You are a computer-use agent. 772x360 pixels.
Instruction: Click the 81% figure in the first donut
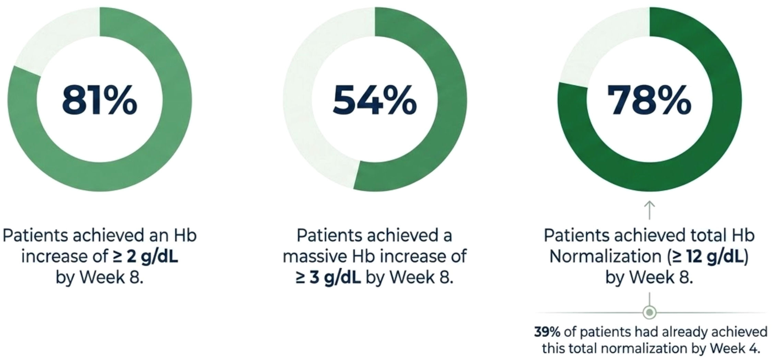(x=100, y=100)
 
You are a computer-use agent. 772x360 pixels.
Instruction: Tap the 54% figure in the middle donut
(x=375, y=100)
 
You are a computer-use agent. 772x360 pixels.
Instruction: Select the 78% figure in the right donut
(x=649, y=100)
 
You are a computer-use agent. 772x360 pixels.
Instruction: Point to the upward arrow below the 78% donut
(x=650, y=210)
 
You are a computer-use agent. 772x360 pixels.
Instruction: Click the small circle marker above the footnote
(x=649, y=313)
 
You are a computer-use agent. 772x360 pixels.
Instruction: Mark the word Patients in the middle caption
(x=329, y=235)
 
